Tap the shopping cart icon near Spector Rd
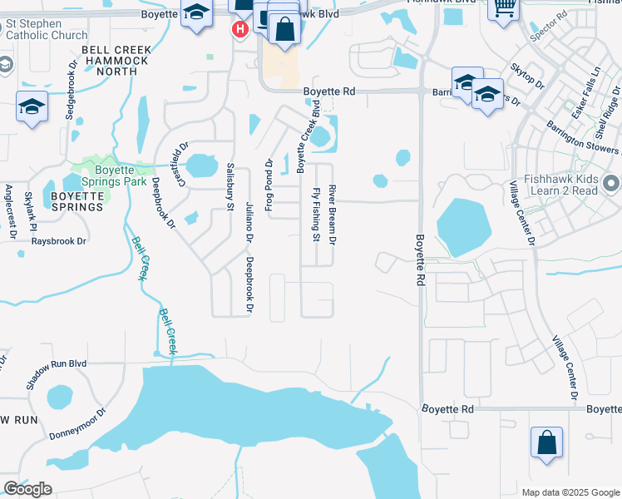[503, 8]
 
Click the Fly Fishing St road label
[316, 215]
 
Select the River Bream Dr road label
[332, 215]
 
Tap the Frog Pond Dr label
[269, 185]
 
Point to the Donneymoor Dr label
[78, 423]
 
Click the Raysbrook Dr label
[58, 241]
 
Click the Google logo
[27, 489]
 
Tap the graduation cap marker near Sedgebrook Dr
[32, 106]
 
